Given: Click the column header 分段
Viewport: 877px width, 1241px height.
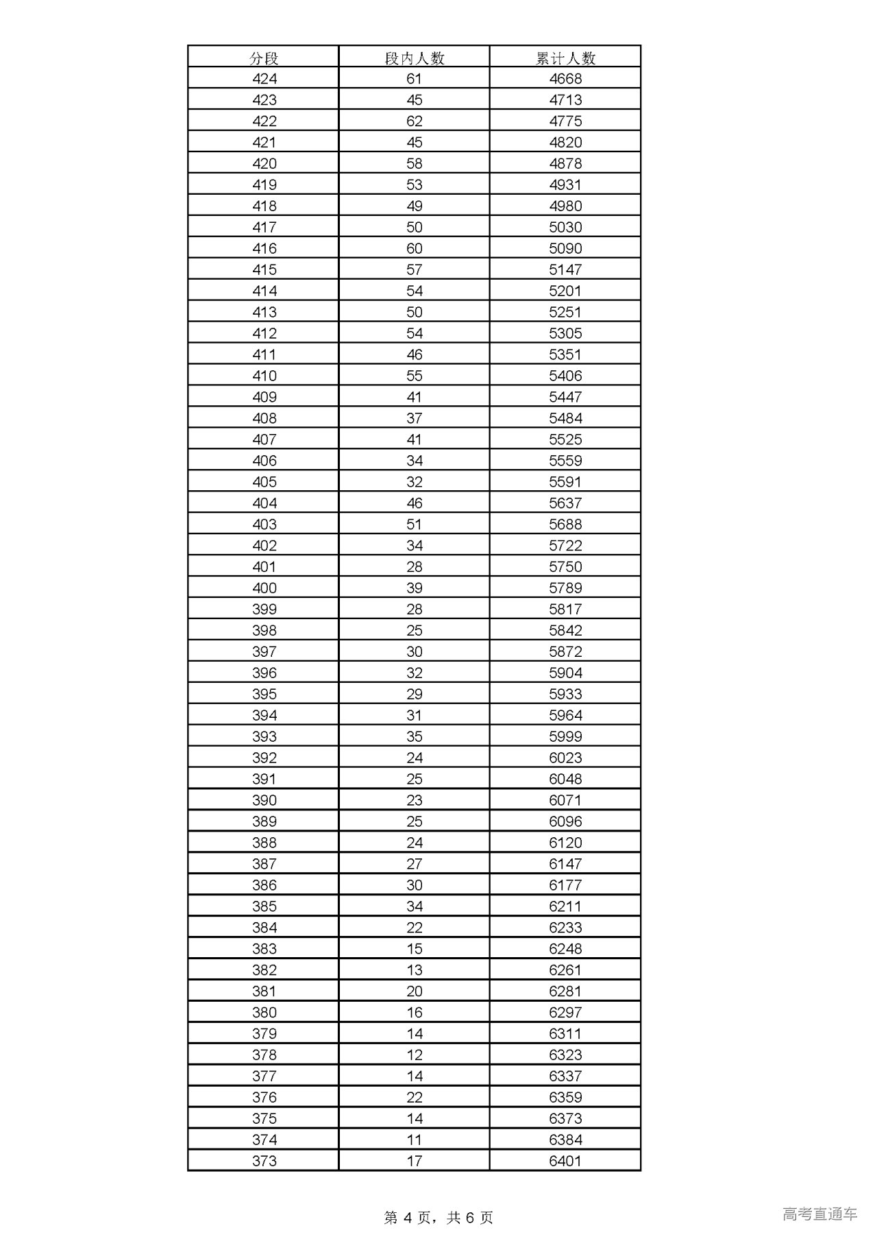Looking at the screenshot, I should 264,58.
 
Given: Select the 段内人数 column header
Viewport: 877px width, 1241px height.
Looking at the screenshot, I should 415,58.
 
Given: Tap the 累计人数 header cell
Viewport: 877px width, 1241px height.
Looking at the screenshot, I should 565,58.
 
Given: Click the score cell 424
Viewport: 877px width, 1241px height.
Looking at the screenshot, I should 264,79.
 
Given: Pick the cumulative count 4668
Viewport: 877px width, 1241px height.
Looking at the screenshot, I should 565,79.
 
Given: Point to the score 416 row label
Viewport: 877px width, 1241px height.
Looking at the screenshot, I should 264,248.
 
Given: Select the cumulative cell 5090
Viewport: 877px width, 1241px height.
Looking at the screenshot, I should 565,248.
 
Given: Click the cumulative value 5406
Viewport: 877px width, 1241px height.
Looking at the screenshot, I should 565,376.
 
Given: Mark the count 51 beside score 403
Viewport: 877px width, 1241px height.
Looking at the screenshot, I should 415,525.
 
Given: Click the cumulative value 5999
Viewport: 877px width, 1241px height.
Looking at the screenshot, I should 565,736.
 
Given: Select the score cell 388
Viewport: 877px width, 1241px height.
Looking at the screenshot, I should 264,843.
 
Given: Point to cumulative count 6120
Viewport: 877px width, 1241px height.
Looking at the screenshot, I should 565,843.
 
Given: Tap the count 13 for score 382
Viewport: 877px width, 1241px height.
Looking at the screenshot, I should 415,970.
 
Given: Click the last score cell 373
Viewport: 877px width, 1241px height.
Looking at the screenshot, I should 264,1161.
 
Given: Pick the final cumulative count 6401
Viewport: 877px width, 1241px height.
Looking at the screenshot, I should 565,1161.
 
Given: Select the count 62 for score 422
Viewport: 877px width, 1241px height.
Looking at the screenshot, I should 415,121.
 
